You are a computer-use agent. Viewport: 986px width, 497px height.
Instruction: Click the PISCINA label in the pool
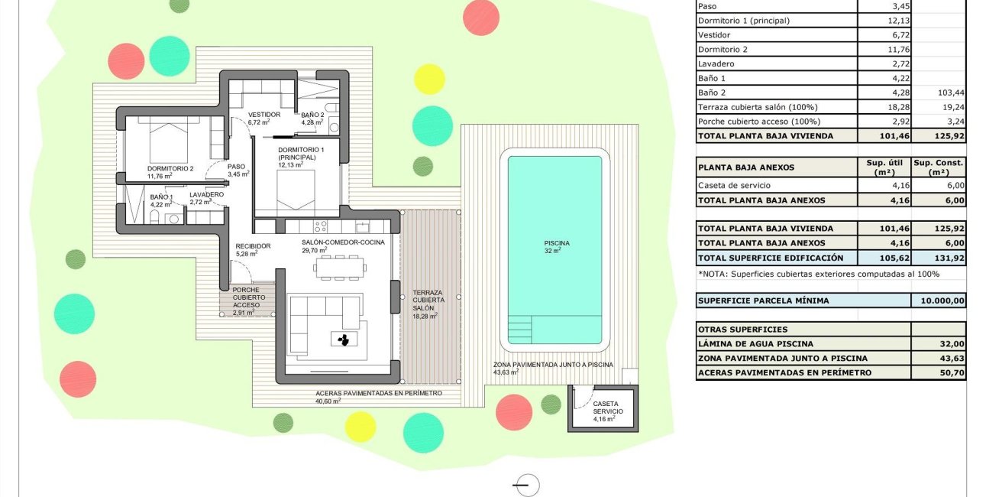[557, 244]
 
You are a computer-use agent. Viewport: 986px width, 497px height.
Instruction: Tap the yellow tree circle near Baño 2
[429, 79]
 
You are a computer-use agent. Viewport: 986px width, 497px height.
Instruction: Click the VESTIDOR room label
[264, 115]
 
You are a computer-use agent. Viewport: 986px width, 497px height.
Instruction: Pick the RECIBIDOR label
[254, 246]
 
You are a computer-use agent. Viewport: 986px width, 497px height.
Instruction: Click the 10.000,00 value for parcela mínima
[938, 300]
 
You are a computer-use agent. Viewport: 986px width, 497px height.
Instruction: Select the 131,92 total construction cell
[938, 258]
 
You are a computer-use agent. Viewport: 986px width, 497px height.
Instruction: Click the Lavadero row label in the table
[716, 64]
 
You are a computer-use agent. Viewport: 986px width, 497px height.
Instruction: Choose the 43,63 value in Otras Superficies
[938, 359]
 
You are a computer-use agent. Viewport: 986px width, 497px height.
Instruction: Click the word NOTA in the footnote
[716, 274]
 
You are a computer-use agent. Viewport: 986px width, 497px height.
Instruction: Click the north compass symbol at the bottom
[527, 485]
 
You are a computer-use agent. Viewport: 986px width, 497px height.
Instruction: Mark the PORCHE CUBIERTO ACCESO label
[246, 297]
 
